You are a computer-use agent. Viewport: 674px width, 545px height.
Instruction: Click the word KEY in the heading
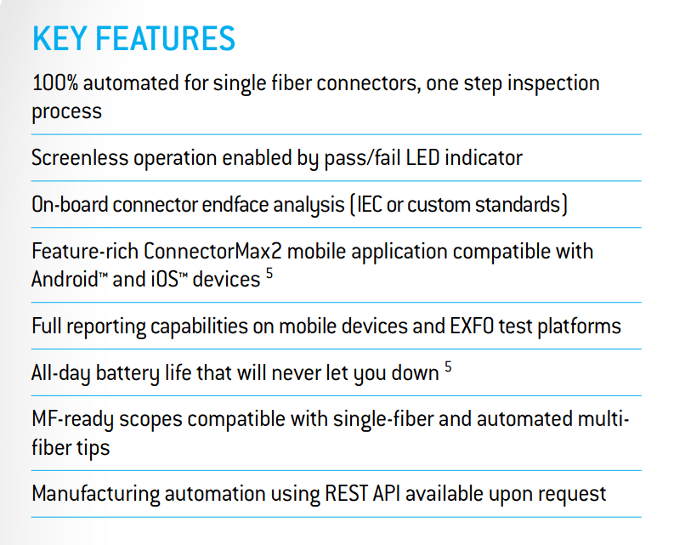pos(59,38)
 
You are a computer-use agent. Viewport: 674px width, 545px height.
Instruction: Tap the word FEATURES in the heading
pos(166,38)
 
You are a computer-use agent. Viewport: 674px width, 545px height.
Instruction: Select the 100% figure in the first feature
pos(55,82)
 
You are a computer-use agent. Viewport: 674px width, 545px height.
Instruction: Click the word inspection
pos(553,83)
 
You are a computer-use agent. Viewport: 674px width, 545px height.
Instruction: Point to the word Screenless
pos(80,157)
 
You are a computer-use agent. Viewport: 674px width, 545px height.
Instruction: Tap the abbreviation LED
pos(422,157)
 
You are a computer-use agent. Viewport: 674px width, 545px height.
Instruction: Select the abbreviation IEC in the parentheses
pos(370,204)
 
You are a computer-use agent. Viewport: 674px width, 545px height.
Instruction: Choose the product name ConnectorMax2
pos(212,251)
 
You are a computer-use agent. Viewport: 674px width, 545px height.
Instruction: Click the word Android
pos(65,279)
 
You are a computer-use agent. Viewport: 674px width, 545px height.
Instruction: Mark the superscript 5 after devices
pos(269,273)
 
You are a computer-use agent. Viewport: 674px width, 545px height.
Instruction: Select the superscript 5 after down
pos(448,366)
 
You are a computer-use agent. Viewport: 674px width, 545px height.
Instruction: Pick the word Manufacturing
pos(96,494)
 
